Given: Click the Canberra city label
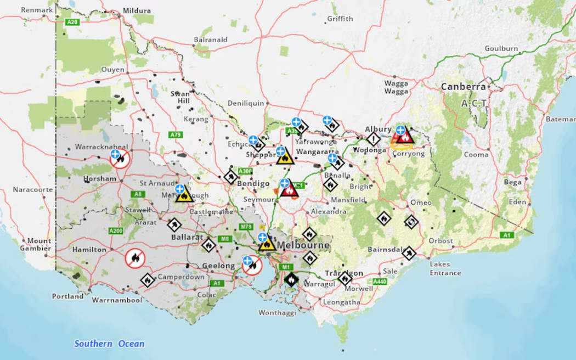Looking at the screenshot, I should pos(464,87).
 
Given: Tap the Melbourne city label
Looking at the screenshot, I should pos(303,245).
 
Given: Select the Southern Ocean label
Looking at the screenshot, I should pos(109,344).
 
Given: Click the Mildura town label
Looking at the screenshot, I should pos(137,10).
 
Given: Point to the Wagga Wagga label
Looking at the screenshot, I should pos(397,88).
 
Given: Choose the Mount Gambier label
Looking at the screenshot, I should pos(39,245).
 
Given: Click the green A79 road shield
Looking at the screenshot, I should pos(176,134).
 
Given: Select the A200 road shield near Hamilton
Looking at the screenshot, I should pos(115,230).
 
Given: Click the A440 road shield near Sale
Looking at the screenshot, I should pos(380,282).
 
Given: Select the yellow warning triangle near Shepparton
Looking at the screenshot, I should pos(285,157).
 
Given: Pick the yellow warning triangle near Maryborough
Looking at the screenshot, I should pos(184,195).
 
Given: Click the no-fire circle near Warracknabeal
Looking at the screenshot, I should pos(120,160).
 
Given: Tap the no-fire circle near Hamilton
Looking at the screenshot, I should pos(135,258).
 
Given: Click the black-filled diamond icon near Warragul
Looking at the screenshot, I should pos(291,280).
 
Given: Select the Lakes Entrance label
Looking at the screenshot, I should pos(445,269).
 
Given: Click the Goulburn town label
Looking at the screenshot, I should pos(500,48).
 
